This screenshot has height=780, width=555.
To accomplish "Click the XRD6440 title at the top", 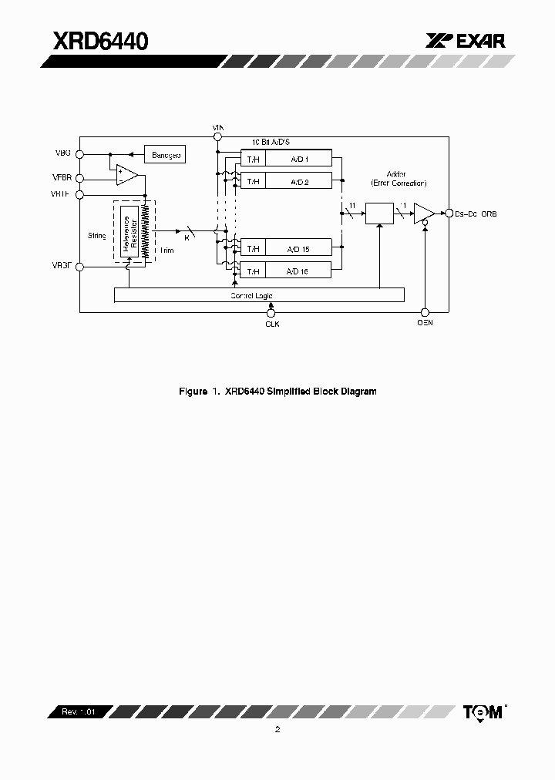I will (100, 40).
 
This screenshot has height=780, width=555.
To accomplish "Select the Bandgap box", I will (166, 156).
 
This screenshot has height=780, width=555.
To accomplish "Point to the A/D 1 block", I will (298, 159).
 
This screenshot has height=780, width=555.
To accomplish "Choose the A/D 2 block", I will (298, 181).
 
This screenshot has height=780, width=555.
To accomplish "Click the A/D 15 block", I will (298, 248).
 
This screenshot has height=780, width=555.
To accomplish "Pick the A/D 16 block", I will (298, 271).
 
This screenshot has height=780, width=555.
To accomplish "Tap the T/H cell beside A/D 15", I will (253, 248).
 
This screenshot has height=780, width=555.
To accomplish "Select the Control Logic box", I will (259, 295).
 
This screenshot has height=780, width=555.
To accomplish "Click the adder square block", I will (379, 213).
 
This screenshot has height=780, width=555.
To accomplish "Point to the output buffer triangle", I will (423, 213).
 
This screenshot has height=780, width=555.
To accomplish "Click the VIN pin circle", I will (217, 136).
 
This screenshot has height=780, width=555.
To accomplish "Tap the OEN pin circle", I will (425, 312).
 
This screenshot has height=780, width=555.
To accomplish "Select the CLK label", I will (271, 324).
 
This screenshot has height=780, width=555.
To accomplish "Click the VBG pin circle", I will (80, 153).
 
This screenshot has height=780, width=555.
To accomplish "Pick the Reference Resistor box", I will (129, 231).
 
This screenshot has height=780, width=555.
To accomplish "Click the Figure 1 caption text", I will (277, 392).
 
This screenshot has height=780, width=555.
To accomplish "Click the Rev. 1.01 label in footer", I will (79, 712).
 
